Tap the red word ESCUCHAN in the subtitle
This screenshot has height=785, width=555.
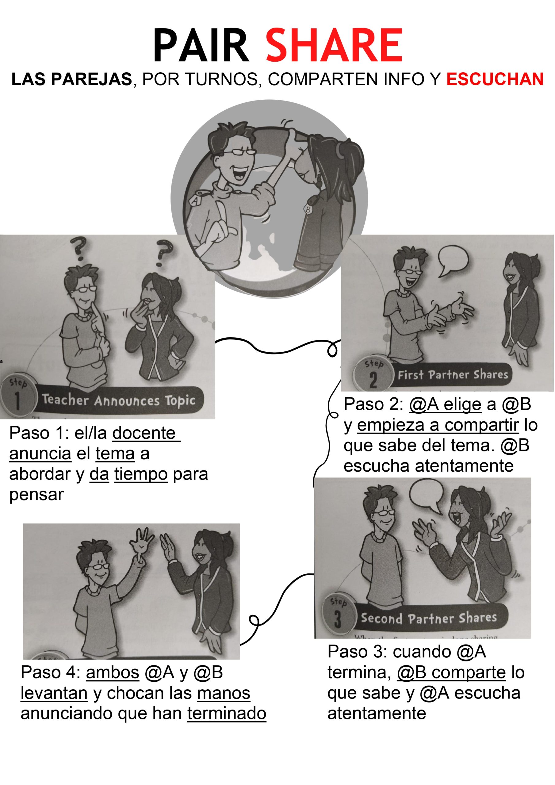click(x=495, y=79)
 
